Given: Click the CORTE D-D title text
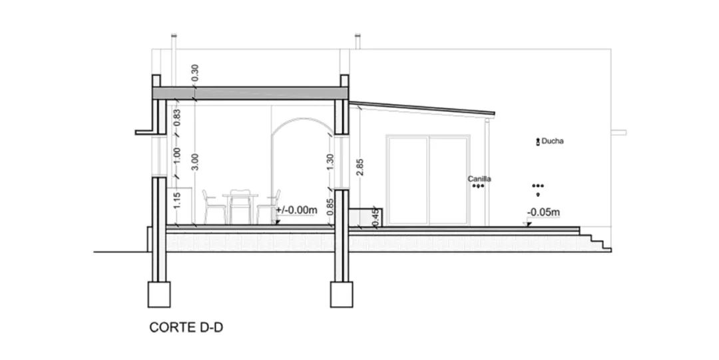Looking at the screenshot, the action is (186, 327).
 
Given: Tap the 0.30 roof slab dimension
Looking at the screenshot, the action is (194, 73).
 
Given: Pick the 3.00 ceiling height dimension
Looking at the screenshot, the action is (194, 162).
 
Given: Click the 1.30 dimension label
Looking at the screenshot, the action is (331, 162).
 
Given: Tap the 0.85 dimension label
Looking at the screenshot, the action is (331, 207).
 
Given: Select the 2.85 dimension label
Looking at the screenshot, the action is (360, 167).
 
